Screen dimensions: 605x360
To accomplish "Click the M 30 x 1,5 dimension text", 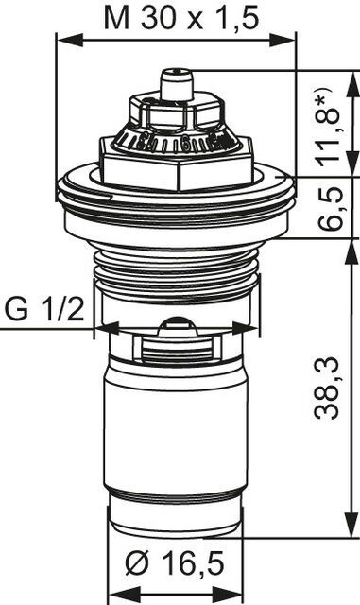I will pyautogui.click(x=177, y=20).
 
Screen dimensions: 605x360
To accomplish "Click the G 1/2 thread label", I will pyautogui.click(x=41, y=309).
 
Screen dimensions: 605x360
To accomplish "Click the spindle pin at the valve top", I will pyautogui.click(x=176, y=84).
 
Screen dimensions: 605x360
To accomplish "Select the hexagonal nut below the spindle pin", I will pyautogui.click(x=176, y=114).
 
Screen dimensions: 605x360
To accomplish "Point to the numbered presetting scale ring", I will pyautogui.click(x=176, y=144).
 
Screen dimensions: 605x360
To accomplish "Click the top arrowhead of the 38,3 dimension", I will pyautogui.click(x=352, y=243).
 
